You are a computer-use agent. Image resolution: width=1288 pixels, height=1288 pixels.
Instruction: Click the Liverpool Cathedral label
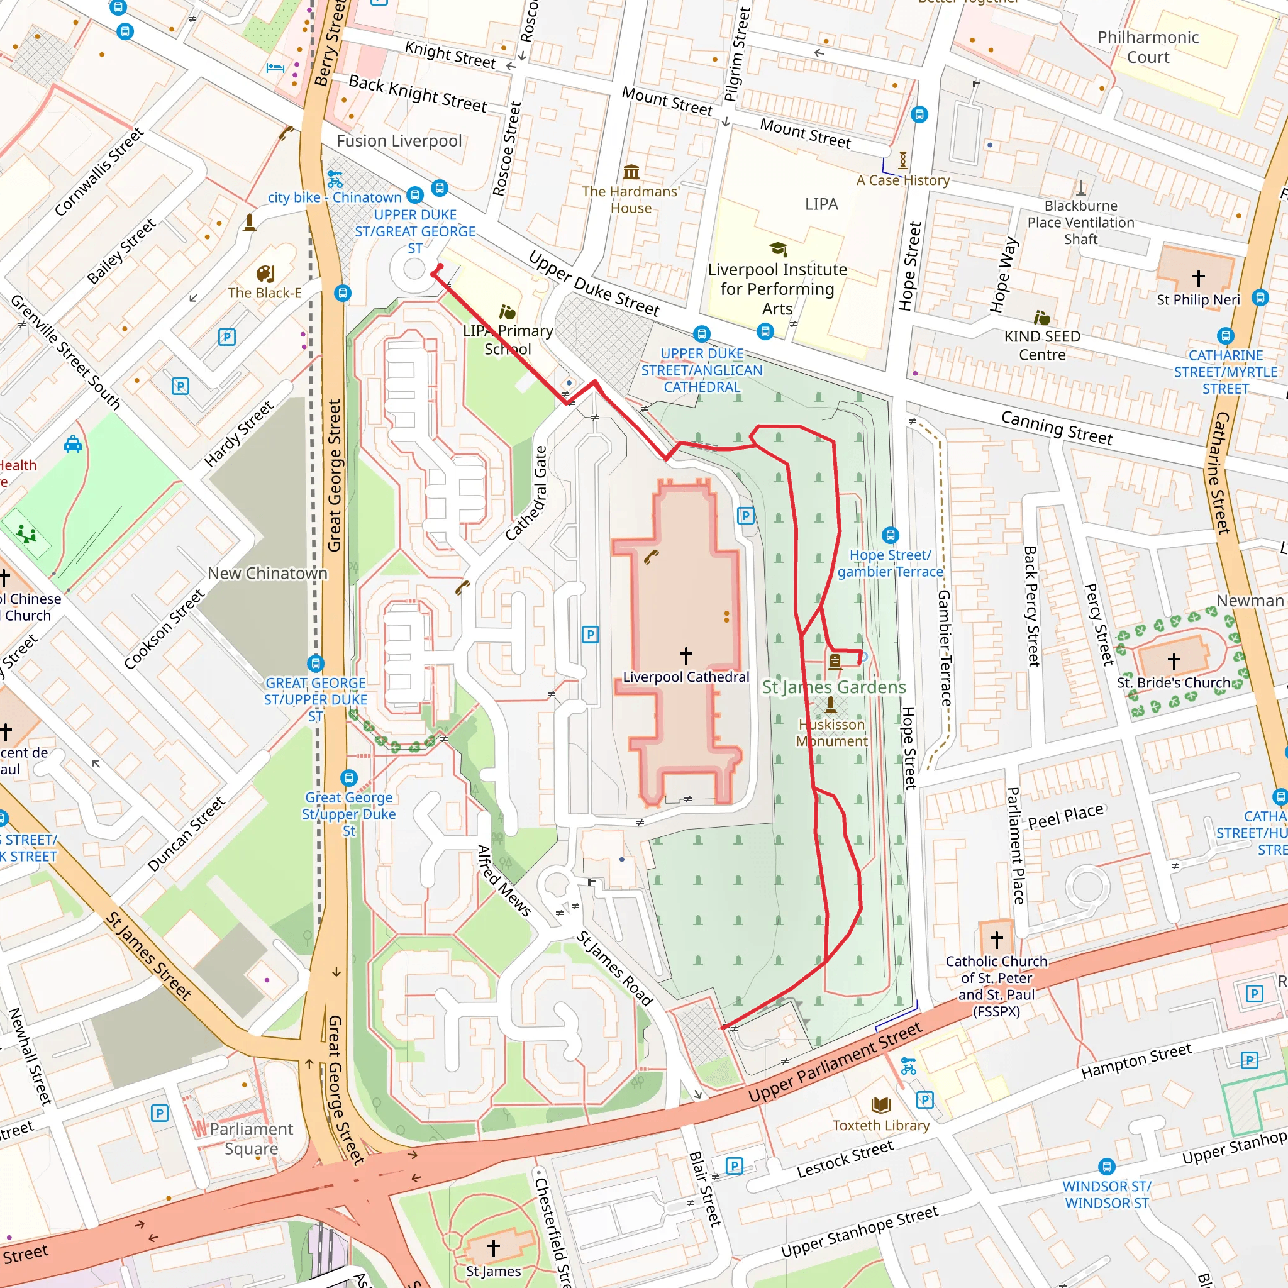[686, 677]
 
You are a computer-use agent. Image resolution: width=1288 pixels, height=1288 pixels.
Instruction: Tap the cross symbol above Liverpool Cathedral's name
[686, 655]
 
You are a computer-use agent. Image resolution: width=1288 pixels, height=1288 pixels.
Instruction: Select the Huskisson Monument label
[832, 733]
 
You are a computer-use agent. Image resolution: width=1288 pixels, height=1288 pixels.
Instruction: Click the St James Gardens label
[834, 687]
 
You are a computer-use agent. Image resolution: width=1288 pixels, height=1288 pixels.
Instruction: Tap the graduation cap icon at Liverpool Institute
[778, 249]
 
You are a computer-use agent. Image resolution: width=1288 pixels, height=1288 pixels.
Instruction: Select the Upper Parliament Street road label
[835, 1062]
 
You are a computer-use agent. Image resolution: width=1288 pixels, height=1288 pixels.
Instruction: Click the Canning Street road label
[1057, 427]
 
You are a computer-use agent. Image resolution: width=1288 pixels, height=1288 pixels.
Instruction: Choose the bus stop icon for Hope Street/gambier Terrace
[891, 535]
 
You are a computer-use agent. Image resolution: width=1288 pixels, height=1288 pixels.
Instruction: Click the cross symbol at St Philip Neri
[1199, 277]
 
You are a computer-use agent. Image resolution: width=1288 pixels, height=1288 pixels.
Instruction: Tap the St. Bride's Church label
[1174, 682]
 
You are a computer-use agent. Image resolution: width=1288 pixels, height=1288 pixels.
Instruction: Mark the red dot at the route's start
[440, 267]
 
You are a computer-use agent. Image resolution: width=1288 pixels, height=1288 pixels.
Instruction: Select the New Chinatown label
[267, 574]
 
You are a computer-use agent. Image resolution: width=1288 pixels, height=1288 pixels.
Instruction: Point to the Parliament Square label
[252, 1139]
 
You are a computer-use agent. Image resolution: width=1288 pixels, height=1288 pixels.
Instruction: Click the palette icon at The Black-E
[265, 274]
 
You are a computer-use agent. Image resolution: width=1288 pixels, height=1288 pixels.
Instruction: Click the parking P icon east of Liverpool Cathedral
[746, 515]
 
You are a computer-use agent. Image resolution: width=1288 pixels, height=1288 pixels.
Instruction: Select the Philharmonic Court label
[1148, 47]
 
